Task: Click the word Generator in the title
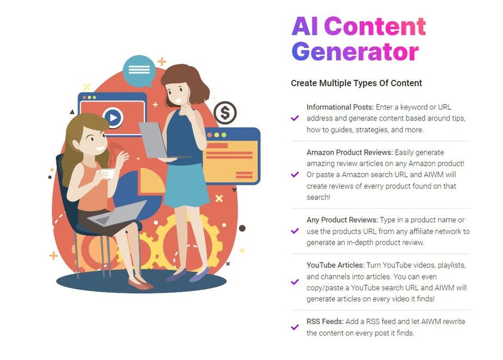click(x=355, y=52)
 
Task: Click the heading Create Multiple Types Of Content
click(x=356, y=83)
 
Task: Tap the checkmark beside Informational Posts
click(x=295, y=118)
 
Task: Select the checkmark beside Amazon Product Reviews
click(x=295, y=174)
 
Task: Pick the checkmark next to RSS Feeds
click(x=295, y=327)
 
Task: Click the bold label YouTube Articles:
click(x=335, y=265)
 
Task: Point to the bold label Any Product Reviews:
click(x=342, y=220)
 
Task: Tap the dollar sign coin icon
click(x=225, y=113)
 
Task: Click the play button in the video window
click(x=113, y=118)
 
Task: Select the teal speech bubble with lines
click(x=139, y=71)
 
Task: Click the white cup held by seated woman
click(x=107, y=173)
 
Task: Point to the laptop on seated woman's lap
click(x=117, y=213)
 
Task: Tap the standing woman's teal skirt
click(x=186, y=185)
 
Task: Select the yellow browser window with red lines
click(x=231, y=156)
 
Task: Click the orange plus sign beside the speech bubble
click(x=162, y=61)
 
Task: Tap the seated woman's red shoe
click(x=140, y=283)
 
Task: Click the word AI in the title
click(x=305, y=26)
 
